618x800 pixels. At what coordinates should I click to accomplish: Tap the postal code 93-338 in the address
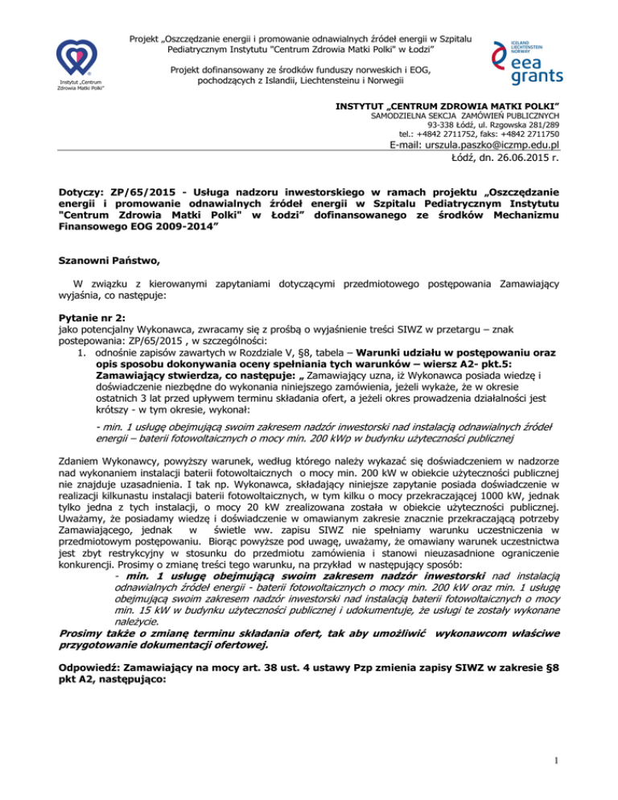[x=447, y=124]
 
